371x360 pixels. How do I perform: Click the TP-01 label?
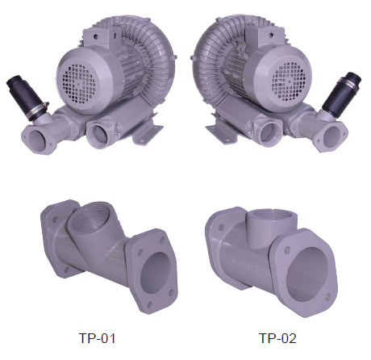(97, 338)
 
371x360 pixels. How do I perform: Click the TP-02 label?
(277, 338)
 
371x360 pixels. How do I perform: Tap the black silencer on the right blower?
(341, 92)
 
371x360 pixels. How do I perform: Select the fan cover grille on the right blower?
(289, 79)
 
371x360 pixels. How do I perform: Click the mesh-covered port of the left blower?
(100, 134)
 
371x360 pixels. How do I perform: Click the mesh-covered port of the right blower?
(269, 132)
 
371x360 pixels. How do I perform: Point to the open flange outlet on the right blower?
(332, 135)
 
